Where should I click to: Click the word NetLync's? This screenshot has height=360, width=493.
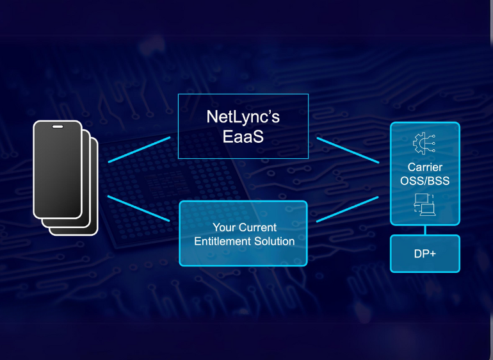243,117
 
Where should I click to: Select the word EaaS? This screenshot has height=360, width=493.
243,138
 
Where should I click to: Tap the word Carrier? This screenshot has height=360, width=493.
424,167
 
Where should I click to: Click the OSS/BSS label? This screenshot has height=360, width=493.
424,181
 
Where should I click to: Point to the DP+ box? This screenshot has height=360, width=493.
424,253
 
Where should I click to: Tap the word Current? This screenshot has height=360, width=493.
257,227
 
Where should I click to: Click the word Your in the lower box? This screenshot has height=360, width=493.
223,227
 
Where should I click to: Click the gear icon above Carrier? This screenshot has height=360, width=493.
424,145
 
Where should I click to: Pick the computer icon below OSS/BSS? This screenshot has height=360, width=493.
424,204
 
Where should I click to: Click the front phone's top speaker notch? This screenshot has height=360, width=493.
58,127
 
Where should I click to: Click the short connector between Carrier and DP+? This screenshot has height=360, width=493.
424,229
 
